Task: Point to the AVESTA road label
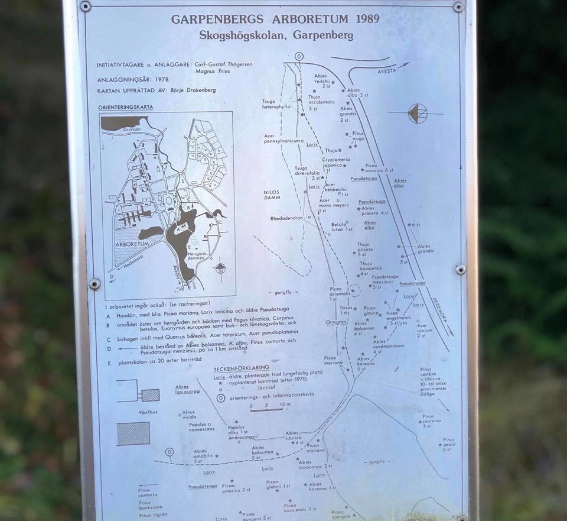pos(387,70)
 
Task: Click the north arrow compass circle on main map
pos(418,113)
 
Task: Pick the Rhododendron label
pos(286,218)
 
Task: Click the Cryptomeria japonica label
pos(336,162)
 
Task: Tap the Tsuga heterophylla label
pos(276,104)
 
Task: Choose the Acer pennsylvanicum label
pos(283,139)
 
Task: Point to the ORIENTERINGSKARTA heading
pos(125,108)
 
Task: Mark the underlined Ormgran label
pos(335,323)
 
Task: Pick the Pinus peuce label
pos(448,444)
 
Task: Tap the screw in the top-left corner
pos(86,7)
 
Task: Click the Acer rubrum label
pos(422,330)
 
